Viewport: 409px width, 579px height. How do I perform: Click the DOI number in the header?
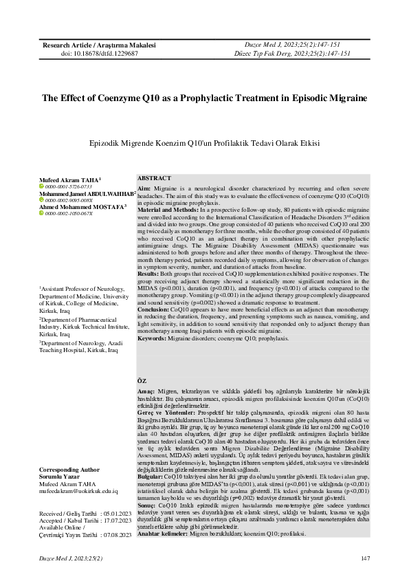point(99,53)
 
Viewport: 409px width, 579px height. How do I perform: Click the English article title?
point(204,98)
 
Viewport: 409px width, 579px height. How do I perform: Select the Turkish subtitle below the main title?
point(204,144)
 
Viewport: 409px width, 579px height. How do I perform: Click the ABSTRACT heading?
point(155,177)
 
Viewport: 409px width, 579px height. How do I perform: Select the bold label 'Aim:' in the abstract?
point(144,188)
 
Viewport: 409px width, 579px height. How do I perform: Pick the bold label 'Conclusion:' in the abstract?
point(155,309)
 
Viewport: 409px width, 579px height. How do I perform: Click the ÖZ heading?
point(142,381)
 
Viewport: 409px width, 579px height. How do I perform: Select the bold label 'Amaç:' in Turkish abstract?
point(146,391)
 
